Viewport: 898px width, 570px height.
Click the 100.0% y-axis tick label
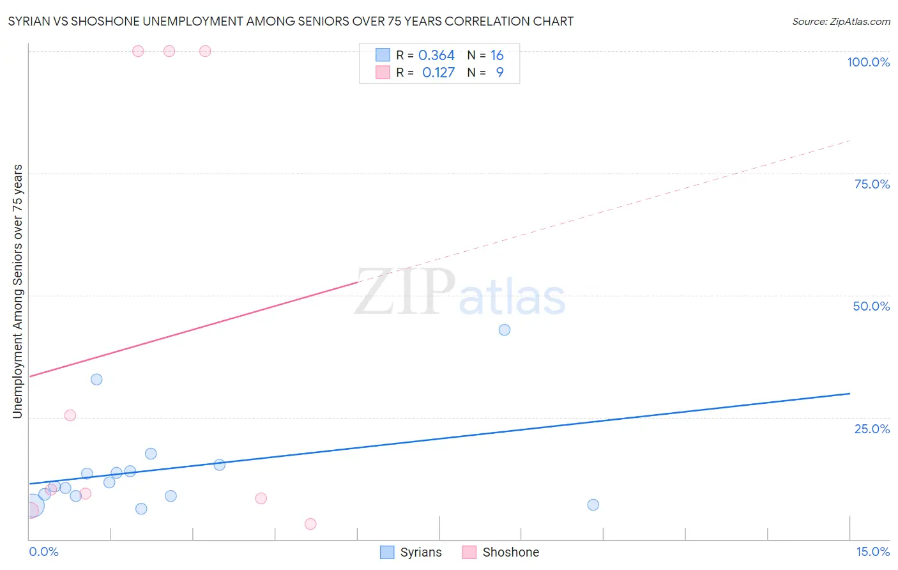868,62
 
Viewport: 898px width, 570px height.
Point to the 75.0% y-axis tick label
872,184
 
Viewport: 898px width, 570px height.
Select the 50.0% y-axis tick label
871,306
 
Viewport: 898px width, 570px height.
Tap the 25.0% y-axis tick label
872,429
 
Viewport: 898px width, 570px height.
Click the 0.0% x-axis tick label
43,551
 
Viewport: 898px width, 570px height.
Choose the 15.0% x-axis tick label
872,551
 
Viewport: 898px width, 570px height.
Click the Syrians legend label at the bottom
420,552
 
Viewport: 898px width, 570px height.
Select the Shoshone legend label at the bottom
510,552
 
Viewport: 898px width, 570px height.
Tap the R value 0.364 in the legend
436,56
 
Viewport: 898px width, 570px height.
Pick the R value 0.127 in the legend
438,73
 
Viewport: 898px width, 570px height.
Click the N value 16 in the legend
497,56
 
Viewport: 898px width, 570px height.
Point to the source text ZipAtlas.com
841,22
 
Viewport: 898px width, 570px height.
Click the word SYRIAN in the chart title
30,22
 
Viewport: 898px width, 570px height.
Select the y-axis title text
17,291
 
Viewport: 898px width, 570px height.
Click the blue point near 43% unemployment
505,330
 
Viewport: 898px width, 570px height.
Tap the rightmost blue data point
593,505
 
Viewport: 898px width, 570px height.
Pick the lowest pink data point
310,524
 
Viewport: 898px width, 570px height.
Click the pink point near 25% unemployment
70,415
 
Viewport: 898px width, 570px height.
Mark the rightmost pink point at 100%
205,51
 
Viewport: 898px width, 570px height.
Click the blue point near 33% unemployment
96,380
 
